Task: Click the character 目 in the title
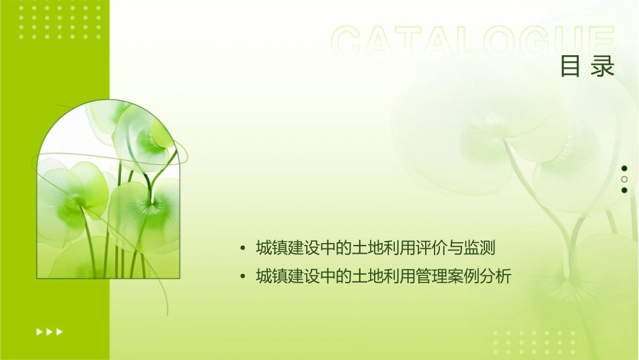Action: (570, 67)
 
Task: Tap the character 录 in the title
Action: (603, 67)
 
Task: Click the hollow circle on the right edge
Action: (624, 179)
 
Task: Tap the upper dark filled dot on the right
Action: (624, 168)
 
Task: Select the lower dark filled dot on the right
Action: (624, 190)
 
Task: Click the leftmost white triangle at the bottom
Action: (38, 332)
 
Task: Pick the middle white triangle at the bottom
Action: (49, 332)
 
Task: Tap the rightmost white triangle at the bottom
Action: (60, 332)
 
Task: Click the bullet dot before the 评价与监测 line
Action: (242, 249)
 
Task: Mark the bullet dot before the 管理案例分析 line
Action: (242, 276)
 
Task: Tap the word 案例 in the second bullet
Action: (463, 276)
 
